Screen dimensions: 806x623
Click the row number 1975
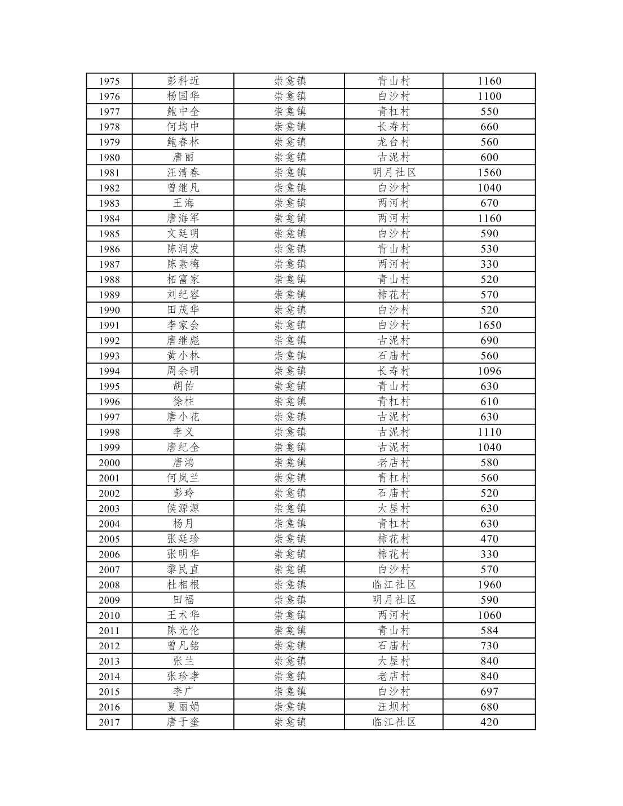109,81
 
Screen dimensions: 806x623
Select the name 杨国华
183,96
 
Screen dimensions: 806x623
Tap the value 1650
489,325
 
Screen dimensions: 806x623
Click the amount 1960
489,585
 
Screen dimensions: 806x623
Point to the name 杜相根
183,585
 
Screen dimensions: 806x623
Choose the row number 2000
109,463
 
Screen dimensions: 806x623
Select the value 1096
489,371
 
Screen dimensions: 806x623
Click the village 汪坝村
394,707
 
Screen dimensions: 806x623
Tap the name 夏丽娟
183,707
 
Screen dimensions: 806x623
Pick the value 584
489,631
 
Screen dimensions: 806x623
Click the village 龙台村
394,142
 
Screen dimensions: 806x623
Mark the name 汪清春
183,172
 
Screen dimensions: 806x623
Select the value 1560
489,172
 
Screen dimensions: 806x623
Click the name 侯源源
183,508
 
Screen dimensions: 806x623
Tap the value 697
489,692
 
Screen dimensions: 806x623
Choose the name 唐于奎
183,722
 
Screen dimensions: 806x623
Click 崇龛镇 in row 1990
290,310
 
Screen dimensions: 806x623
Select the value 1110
489,432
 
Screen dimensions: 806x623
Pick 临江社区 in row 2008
394,585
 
